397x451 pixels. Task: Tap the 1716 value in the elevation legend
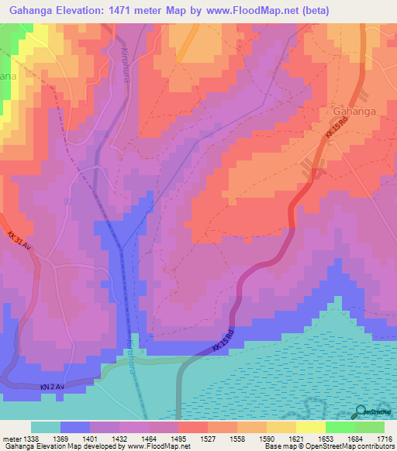385,439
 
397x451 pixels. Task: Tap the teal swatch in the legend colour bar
46,427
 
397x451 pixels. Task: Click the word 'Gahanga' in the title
30,10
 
